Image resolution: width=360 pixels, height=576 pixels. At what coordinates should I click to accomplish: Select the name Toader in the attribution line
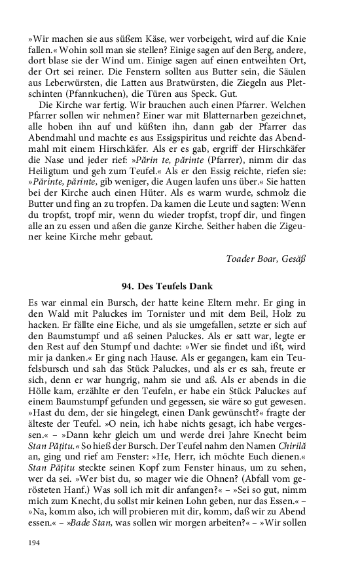(242, 258)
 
